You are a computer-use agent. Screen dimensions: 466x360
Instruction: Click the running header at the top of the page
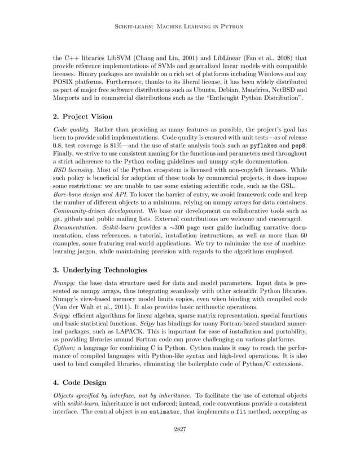pos(180,27)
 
